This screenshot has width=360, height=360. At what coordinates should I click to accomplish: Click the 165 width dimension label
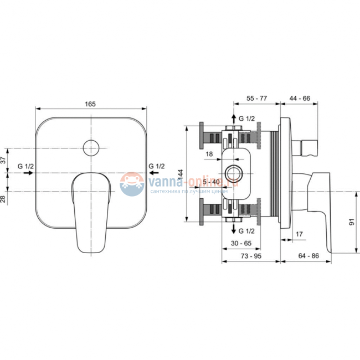[90, 104]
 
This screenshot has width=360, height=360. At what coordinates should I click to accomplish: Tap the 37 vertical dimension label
[3, 160]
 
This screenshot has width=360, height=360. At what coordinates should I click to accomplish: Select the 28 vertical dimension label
[3, 199]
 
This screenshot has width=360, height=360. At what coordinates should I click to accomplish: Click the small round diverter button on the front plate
[91, 148]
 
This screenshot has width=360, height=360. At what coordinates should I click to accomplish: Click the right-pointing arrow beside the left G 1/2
[28, 173]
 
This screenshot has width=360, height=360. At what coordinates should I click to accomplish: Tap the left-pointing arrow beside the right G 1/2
[153, 173]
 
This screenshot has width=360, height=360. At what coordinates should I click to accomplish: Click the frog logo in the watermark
[132, 184]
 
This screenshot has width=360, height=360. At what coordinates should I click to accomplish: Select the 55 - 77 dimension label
[256, 98]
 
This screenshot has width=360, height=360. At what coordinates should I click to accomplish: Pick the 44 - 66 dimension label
[300, 98]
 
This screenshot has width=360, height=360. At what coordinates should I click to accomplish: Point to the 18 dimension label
[209, 154]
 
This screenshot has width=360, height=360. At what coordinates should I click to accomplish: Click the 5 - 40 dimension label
[211, 182]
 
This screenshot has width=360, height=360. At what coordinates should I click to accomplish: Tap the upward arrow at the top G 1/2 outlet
[234, 119]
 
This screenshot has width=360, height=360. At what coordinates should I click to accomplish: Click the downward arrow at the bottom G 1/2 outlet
[234, 229]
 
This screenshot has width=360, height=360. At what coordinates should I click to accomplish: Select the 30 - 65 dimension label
[241, 243]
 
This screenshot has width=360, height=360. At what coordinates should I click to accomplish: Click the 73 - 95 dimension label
[251, 256]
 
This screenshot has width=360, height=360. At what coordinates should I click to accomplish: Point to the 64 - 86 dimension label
[308, 256]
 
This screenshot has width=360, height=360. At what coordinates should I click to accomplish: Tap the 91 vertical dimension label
[352, 222]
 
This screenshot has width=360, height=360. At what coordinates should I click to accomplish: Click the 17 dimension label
[299, 234]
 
